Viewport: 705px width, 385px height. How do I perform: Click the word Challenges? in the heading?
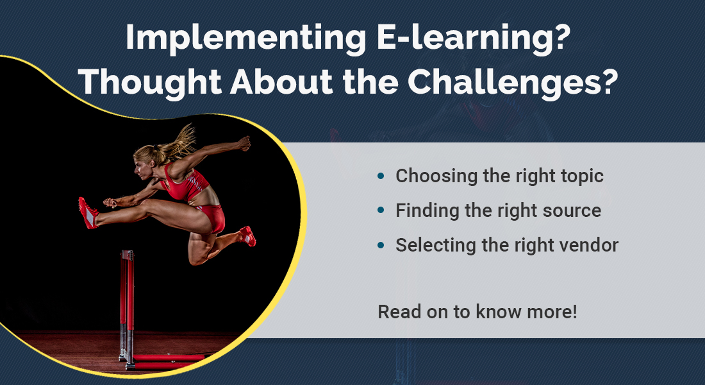coord(513,82)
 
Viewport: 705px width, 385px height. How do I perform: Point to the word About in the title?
coord(281,81)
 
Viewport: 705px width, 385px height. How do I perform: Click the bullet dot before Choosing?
coord(381,176)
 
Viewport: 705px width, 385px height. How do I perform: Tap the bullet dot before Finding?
coord(381,210)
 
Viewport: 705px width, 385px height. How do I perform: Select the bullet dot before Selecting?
coord(381,245)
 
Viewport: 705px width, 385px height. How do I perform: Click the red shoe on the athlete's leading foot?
coord(88,212)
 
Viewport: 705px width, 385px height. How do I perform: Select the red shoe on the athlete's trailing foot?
coord(248,236)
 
